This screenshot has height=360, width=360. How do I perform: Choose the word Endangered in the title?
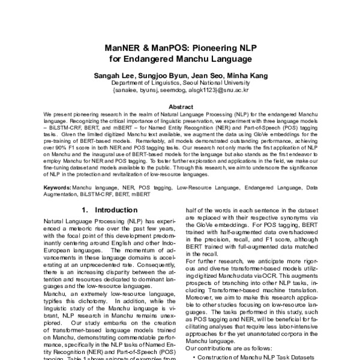159,59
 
